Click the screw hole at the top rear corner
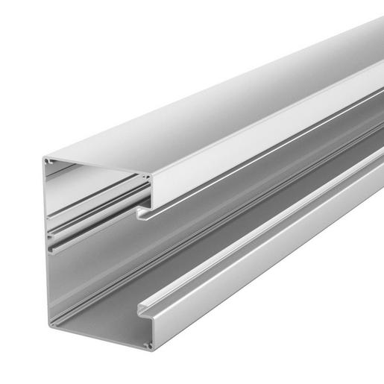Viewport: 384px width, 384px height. (x=48, y=160)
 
